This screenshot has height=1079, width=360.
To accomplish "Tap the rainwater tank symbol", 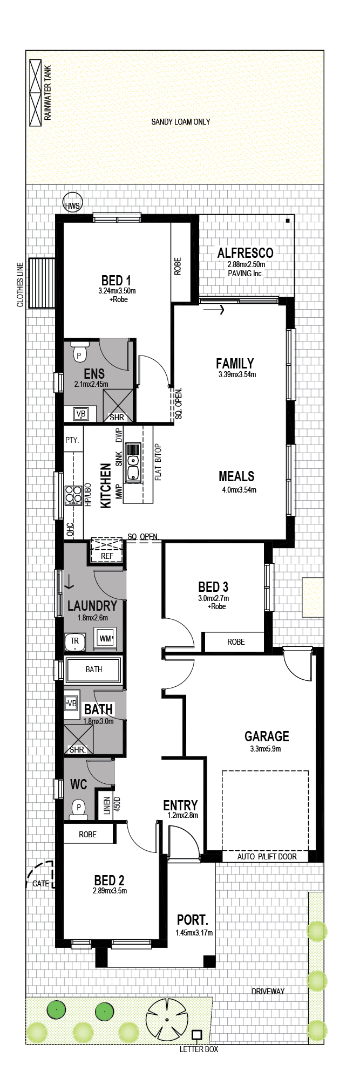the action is [x=35, y=93].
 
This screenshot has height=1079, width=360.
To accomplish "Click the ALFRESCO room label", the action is [x=246, y=252].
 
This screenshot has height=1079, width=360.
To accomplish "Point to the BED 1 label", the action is [x=116, y=281].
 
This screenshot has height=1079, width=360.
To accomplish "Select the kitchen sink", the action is [x=133, y=462].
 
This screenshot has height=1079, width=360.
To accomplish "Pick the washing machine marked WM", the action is [x=105, y=638].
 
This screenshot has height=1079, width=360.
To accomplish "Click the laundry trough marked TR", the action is [x=74, y=641].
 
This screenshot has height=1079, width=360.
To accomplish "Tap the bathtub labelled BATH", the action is [x=93, y=670].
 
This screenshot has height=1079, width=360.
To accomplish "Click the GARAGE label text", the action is [x=267, y=736].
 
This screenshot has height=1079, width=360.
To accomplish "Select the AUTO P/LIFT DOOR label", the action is [x=267, y=856].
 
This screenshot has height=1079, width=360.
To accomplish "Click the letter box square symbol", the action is [x=197, y=1034].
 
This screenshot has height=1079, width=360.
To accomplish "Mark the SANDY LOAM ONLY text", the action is [x=181, y=122].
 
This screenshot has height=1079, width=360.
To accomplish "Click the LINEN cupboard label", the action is [x=107, y=805].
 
